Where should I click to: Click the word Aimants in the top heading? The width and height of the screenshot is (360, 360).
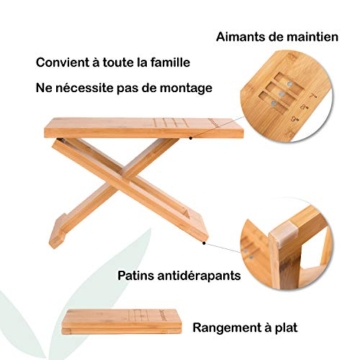pyautogui.click(x=239, y=37)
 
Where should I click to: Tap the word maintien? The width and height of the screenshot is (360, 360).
pyautogui.click(x=311, y=37)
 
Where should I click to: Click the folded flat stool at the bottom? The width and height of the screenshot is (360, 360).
pyautogui.click(x=122, y=322)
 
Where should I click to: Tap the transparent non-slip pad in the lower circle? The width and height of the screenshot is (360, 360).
pyautogui.click(x=283, y=236)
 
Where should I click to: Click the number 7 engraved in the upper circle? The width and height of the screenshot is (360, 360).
pyautogui.click(x=313, y=97)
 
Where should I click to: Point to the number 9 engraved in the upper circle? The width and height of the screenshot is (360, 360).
pyautogui.click(x=295, y=119)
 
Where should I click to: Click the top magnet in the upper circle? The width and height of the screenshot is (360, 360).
pyautogui.click(x=290, y=83)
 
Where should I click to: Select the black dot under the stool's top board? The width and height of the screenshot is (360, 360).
pyautogui.click(x=191, y=138)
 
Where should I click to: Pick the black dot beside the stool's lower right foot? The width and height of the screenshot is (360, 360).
pyautogui.click(x=204, y=243)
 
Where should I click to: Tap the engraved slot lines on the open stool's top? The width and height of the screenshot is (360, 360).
pyautogui.click(x=171, y=123)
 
